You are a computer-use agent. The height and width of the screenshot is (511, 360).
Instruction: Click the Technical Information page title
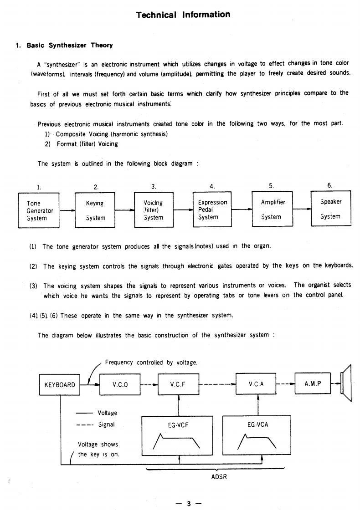pyautogui.click(x=183, y=15)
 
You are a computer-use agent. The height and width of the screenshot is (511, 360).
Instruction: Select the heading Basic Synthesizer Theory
pyautogui.click(x=69, y=46)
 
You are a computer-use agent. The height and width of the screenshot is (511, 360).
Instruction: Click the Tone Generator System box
pyautogui.click(x=39, y=210)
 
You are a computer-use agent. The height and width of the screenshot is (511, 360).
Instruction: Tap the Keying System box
pyautogui.click(x=95, y=210)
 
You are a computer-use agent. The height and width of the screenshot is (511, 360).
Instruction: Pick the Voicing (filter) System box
pyautogui.click(x=154, y=210)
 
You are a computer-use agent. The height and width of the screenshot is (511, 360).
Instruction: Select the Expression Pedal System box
pyautogui.click(x=212, y=210)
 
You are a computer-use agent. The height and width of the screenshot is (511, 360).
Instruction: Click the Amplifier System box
pyautogui.click(x=273, y=209)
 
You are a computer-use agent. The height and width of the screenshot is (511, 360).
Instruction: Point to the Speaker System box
pyautogui.click(x=330, y=209)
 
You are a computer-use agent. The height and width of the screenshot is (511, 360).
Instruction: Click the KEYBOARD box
pyautogui.click(x=60, y=384)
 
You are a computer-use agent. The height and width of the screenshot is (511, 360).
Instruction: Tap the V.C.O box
pyautogui.click(x=120, y=384)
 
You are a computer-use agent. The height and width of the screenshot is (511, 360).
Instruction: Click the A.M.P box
pyautogui.click(x=313, y=383)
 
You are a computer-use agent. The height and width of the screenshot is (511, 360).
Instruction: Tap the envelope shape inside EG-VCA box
pyautogui.click(x=257, y=440)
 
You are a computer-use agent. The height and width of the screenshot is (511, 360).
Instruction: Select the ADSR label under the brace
pyautogui.click(x=219, y=476)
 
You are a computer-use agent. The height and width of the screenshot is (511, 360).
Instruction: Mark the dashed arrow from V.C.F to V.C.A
pyautogui.click(x=217, y=384)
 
